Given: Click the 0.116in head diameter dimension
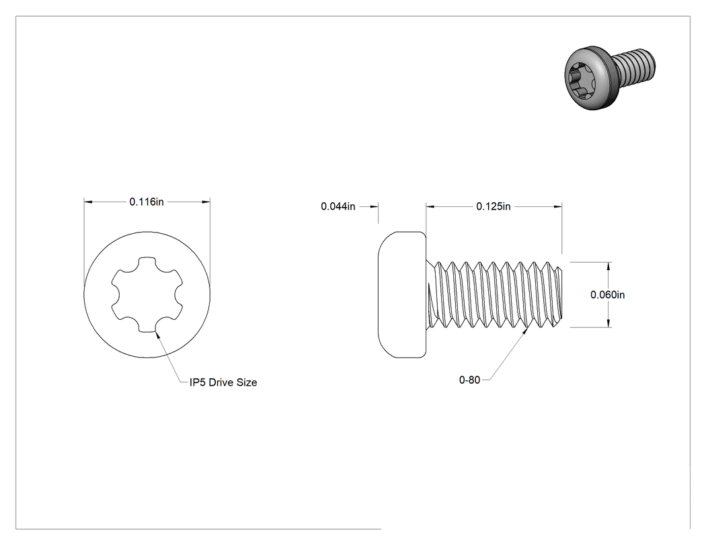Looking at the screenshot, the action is pos(147,202).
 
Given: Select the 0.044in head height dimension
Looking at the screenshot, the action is pos(338,206).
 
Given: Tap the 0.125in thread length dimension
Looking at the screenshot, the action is pos(494,206).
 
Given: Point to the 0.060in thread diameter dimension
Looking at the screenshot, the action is pos(607,295).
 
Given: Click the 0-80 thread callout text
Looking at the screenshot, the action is pos(469,380).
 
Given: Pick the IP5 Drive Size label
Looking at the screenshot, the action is pos(223,382).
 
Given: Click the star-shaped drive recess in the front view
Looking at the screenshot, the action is pos(147,295).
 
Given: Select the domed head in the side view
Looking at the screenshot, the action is pos(401,295).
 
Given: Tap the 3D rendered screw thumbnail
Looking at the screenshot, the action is pos(610,77).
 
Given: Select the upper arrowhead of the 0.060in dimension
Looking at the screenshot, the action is pos(609,266).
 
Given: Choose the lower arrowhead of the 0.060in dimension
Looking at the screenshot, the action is pos(609,323).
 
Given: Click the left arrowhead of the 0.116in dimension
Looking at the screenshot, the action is pos(88,202).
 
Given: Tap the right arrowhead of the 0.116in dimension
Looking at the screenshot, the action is pos(206,202).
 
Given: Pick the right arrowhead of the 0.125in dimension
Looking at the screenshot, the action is pos(557,206).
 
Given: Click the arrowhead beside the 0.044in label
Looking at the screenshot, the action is pos(374,206).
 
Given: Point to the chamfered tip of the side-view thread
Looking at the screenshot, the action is pos(559,294).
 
